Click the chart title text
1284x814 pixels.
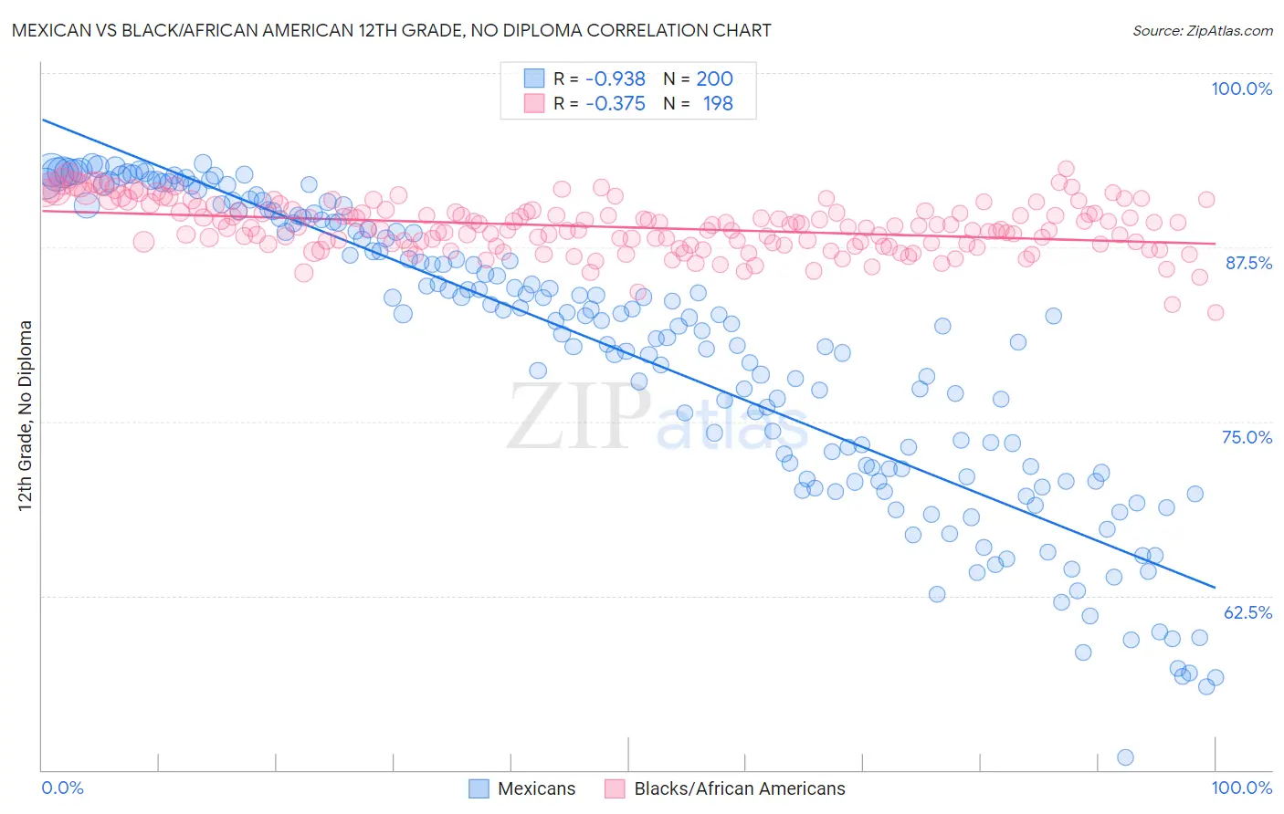pos(390,30)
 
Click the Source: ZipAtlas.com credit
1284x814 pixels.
pos(1202,30)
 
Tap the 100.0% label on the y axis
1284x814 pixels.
pos(1241,89)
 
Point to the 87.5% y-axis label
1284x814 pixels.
pos(1247,263)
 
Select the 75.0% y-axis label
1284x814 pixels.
pos(1247,437)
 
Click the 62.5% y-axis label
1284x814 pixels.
pos(1247,612)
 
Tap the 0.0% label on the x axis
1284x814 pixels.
pos(62,788)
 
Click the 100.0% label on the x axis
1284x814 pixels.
pos(1241,788)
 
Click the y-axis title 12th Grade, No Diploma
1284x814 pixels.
pos(26,415)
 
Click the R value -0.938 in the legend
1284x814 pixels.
pos(615,78)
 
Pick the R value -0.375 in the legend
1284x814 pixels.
pos(615,103)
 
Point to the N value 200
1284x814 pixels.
pos(714,78)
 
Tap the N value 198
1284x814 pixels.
pos(717,103)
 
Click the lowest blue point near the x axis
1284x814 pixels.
pos(1125,757)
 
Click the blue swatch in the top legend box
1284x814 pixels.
pos(533,78)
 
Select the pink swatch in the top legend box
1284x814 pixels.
pos(533,103)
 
